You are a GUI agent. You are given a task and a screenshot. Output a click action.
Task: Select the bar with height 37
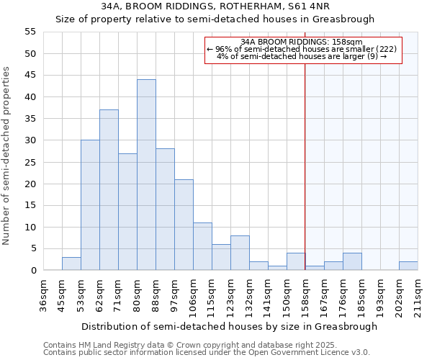[x=109, y=190]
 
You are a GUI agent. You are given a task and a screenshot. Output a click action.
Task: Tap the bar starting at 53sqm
[x=90, y=205]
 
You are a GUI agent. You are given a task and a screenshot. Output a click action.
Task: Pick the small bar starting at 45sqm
[x=71, y=264]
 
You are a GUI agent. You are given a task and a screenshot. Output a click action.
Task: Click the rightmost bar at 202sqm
[x=408, y=266]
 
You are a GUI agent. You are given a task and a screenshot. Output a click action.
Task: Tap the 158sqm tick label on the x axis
[x=305, y=294]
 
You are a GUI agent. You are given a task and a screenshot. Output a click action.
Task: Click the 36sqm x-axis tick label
[x=43, y=294]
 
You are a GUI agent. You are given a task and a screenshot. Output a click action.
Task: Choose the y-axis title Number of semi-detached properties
[x=7, y=156]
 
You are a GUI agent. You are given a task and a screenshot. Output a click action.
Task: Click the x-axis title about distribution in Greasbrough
[x=229, y=326]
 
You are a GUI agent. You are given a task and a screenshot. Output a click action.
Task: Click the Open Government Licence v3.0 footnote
[x=207, y=352]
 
